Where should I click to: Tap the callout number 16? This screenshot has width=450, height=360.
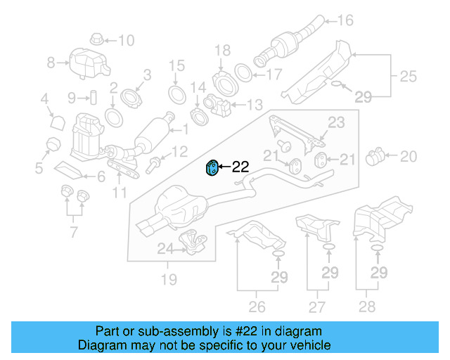(x=345, y=20)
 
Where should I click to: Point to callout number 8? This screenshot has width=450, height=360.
(x=51, y=63)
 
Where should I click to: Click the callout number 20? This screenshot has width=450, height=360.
(x=409, y=155)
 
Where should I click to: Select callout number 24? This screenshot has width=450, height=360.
(x=164, y=247)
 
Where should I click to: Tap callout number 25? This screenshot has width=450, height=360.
(x=408, y=75)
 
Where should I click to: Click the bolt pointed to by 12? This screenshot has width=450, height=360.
(x=153, y=167)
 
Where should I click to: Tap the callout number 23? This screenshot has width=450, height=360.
(x=336, y=122)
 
